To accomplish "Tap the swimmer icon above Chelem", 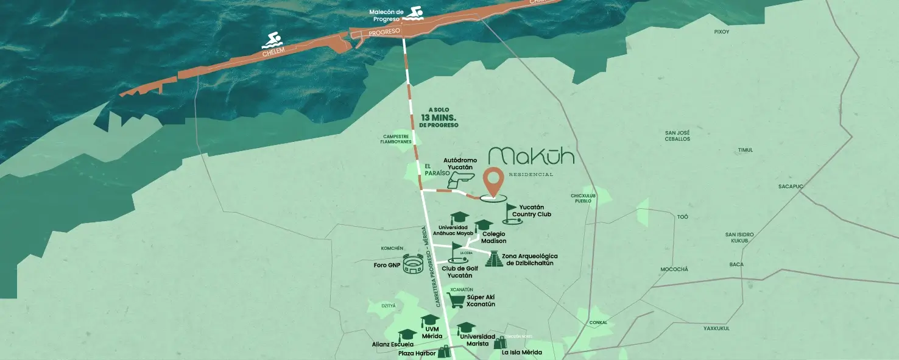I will tap(272, 41).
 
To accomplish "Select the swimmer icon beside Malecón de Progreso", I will tap(416, 13).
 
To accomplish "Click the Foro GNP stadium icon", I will tap(413, 266).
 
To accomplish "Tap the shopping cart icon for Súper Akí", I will tap(456, 299).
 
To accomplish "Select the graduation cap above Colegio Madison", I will tap(483, 225).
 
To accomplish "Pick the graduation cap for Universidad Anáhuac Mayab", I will tap(458, 218).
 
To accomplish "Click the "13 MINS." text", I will tap(438, 117).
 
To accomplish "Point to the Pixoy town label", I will tap(722, 32).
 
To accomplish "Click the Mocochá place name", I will tap(674, 269).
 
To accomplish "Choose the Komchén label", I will tap(392, 249).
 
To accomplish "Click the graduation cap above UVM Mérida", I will tap(430, 320).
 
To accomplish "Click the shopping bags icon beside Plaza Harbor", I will tap(443, 351).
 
